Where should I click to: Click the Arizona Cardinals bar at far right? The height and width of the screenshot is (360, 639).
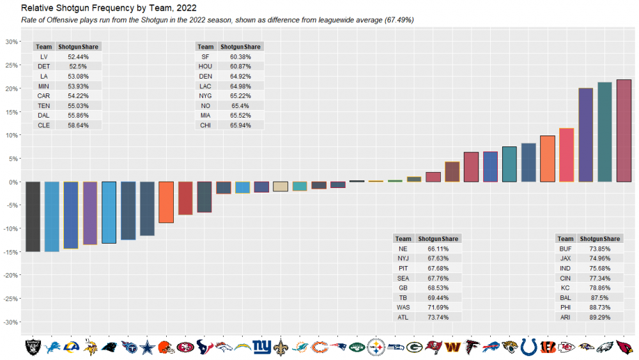tap(624, 130)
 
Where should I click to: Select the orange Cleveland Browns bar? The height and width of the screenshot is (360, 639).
tap(166, 202)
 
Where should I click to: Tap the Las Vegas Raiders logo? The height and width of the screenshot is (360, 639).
tap(33, 347)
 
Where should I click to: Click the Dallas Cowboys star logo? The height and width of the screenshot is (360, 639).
tap(147, 347)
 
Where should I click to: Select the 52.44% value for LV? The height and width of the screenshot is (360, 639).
tap(77, 57)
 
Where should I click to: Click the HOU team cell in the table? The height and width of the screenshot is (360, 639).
tap(205, 67)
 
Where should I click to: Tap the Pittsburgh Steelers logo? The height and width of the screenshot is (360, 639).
tap(376, 347)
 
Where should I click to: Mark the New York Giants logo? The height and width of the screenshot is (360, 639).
tap(261, 347)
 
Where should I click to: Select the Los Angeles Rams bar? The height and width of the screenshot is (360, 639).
tap(71, 215)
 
